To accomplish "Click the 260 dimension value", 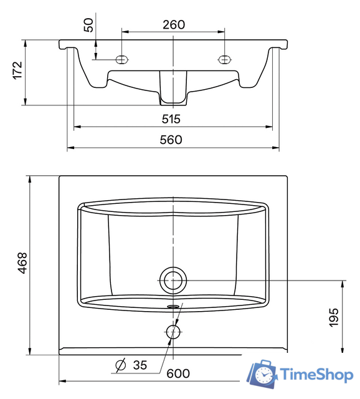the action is (x=174, y=25).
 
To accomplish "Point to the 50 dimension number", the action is (x=88, y=25).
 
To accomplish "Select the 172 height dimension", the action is (x=18, y=70).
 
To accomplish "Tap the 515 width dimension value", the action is (x=171, y=119).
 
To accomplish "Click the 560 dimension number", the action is (x=171, y=140).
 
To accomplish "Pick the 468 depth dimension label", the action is (x=22, y=263).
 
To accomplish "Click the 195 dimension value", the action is (x=334, y=317).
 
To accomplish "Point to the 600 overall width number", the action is (x=178, y=373).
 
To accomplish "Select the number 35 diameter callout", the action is (x=140, y=365).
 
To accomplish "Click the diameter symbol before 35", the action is (x=120, y=365).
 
